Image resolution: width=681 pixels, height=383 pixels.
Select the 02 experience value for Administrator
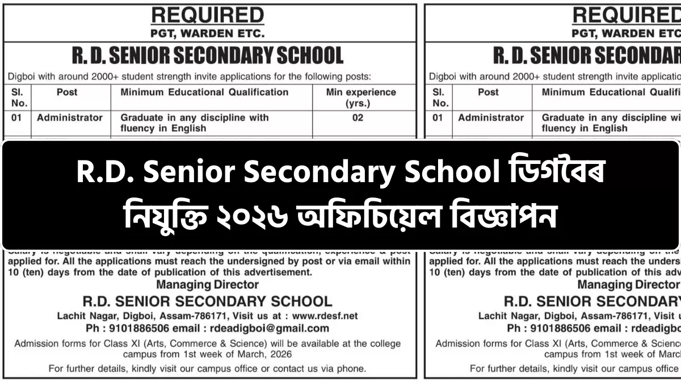tap(358, 118)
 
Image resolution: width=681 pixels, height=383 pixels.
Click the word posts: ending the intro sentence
tap(358, 76)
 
